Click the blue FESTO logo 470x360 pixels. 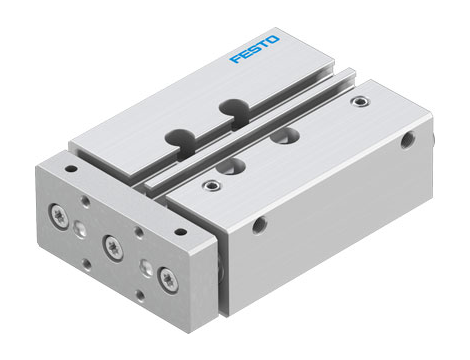click(255, 50)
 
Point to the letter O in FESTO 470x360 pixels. click(274, 41)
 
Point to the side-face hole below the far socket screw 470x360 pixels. click(407, 141)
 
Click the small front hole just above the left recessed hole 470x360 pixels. click(86, 203)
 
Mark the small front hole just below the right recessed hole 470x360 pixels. click(140, 297)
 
